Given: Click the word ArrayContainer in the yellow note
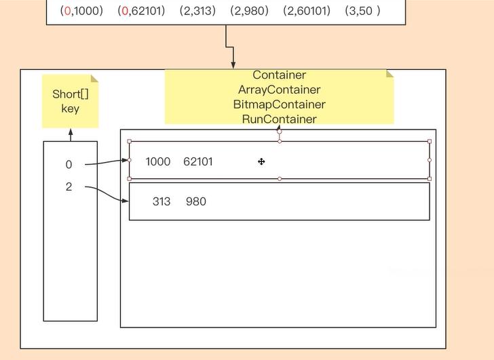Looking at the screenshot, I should pyautogui.click(x=279, y=89).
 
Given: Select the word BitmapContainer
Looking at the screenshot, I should pyautogui.click(x=279, y=104).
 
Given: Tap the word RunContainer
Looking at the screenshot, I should pyautogui.click(x=279, y=119).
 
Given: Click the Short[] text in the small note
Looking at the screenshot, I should pyautogui.click(x=71, y=94).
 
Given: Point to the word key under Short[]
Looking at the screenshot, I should pyautogui.click(x=71, y=108).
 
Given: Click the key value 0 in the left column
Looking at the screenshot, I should pyautogui.click(x=69, y=165).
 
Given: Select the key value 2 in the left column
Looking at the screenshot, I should pyautogui.click(x=69, y=187).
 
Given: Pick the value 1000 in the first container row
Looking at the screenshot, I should pyautogui.click(x=158, y=161).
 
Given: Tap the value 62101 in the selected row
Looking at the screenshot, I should pyautogui.click(x=198, y=161).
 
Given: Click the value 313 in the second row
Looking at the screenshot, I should pyautogui.click(x=161, y=201).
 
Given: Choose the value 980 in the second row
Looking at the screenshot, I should pyautogui.click(x=195, y=201).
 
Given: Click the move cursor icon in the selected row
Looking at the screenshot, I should pyautogui.click(x=261, y=161).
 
